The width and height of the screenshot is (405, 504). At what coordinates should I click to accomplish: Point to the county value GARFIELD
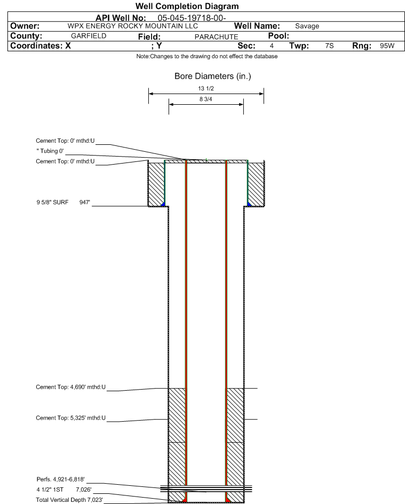coord(89,36)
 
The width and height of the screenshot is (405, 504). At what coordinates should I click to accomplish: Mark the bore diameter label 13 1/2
coord(207,89)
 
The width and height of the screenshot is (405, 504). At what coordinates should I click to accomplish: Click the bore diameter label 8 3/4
coord(207,100)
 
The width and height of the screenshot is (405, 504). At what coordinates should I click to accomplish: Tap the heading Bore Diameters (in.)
coord(212,77)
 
